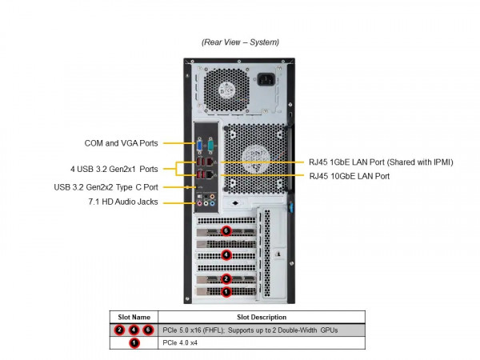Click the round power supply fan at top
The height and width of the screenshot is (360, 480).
222,89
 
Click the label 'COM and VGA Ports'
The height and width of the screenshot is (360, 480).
121,144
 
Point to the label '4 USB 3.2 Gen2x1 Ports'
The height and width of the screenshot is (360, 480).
114,169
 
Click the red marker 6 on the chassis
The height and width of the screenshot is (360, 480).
226,230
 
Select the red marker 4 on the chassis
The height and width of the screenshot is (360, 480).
226,255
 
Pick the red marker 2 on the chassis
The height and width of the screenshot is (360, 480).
226,279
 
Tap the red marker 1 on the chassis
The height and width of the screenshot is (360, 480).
226,293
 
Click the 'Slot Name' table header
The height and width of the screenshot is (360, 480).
134,317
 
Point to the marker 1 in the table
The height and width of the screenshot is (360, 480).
134,342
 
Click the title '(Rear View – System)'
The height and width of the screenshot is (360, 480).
240,42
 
